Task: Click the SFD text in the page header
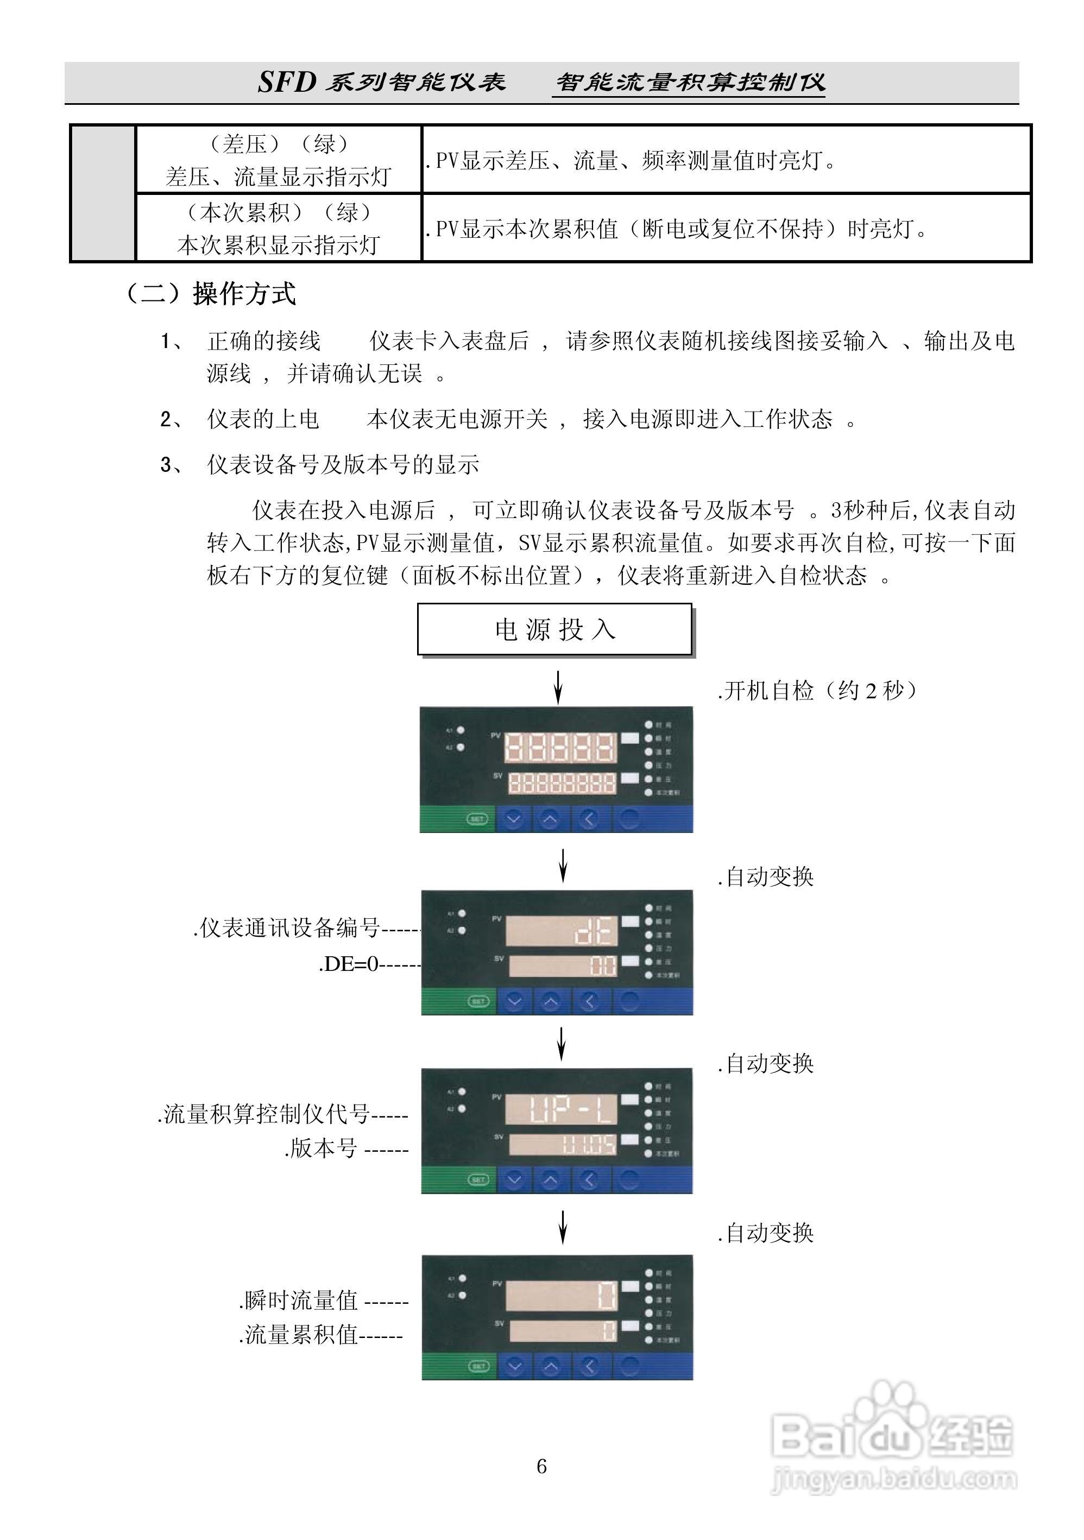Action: coord(287,83)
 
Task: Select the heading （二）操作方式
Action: coord(211,294)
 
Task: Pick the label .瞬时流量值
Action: coord(300,1300)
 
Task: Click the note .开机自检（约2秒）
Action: coord(816,690)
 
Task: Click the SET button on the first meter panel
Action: coord(476,819)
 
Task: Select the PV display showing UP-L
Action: coord(561,1109)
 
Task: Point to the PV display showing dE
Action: coord(561,930)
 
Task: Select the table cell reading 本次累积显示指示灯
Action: coord(279,245)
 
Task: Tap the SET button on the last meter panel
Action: coord(478,1366)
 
